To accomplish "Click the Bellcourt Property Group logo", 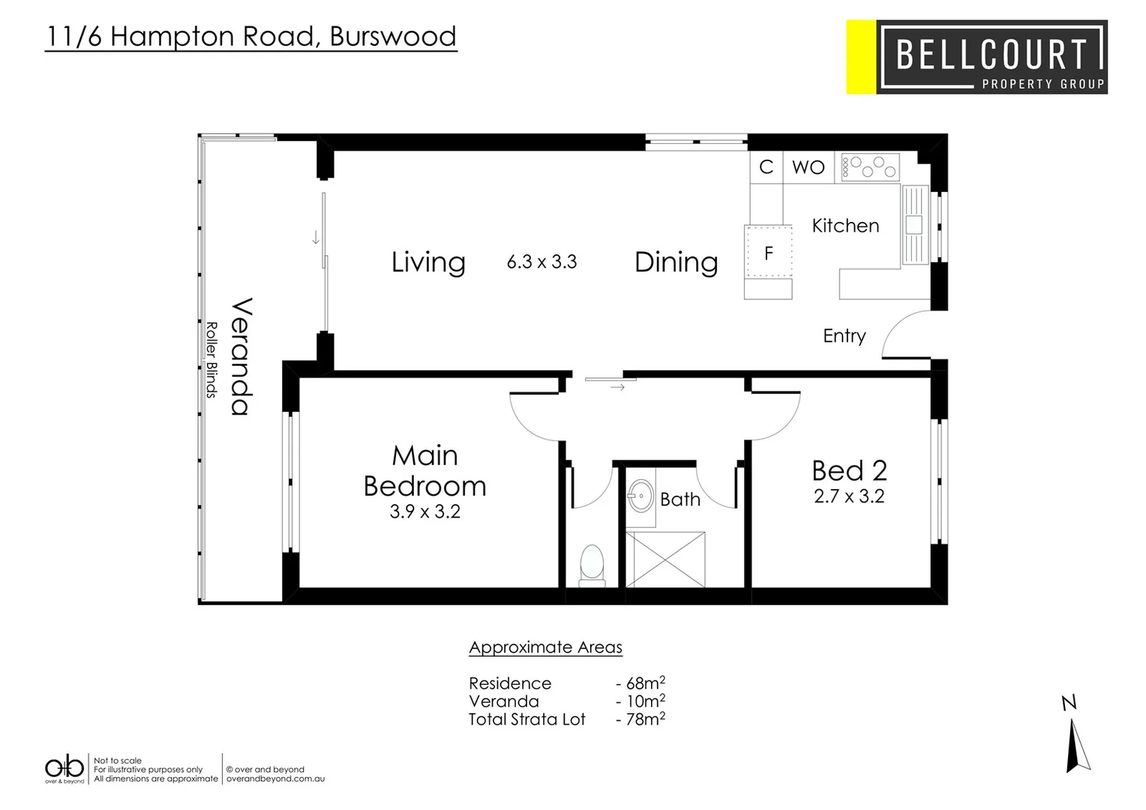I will click(976, 57).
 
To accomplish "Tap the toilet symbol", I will click(592, 565).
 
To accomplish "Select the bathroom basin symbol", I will click(640, 495).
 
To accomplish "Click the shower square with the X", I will click(665, 559).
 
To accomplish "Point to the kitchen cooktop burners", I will click(870, 166).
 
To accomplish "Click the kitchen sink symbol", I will click(914, 225).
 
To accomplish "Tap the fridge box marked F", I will click(768, 253).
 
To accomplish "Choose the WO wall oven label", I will click(808, 167).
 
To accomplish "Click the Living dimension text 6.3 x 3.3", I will click(541, 262).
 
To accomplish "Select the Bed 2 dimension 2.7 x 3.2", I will click(849, 496).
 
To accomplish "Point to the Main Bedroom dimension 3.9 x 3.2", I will click(424, 511).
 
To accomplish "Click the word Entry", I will click(844, 336).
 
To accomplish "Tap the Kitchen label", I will click(845, 226).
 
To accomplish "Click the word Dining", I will click(676, 262).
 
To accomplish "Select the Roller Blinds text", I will click(211, 359).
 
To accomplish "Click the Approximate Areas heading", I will click(545, 647).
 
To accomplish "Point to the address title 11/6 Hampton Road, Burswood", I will click(250, 36).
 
